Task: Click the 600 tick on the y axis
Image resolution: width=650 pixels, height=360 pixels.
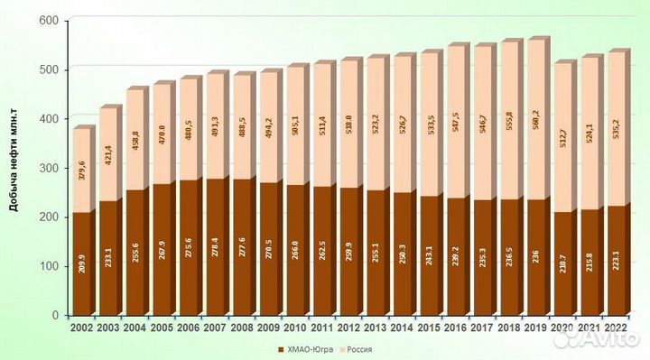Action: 51,21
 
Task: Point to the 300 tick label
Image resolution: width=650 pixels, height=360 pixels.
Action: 51,168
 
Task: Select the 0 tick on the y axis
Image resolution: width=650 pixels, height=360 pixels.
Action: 56,315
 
